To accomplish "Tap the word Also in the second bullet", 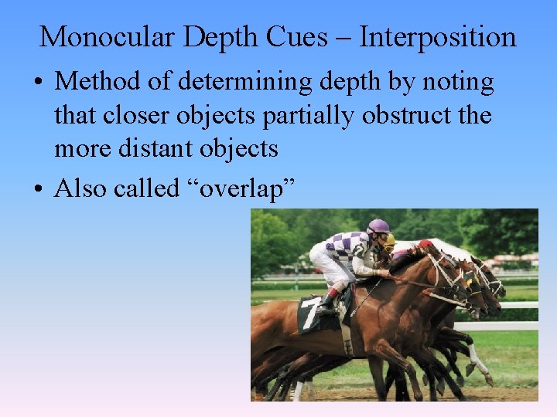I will [x=81, y=188].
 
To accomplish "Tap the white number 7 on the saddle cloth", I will [x=309, y=316].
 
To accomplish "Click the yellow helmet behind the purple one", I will [x=391, y=240].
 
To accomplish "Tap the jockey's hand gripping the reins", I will [x=381, y=272].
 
